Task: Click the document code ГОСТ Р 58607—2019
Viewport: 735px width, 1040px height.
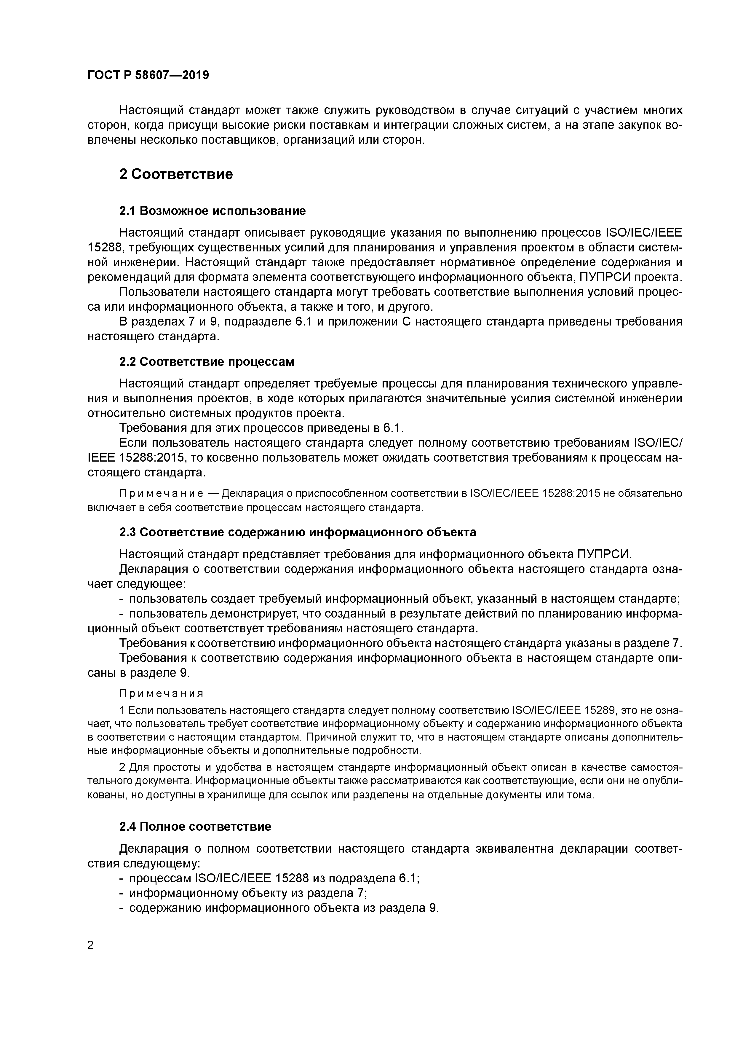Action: tap(148, 75)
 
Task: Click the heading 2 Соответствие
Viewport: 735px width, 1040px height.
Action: tap(176, 174)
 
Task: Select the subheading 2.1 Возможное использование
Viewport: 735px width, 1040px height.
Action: tap(212, 210)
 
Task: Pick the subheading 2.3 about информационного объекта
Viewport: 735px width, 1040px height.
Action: tap(298, 532)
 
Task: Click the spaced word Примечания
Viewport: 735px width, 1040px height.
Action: tap(161, 693)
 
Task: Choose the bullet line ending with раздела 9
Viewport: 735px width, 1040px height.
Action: tap(284, 908)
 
